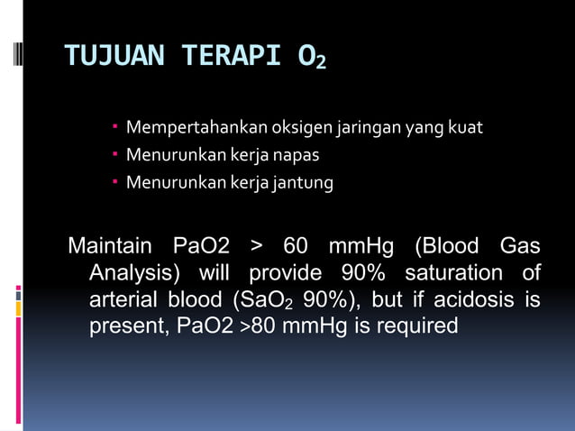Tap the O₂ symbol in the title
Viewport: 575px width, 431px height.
pos(312,58)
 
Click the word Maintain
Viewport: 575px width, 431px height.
pos(111,246)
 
